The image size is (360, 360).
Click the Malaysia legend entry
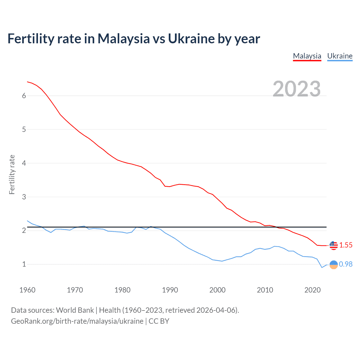pos(307,56)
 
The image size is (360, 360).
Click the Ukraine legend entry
pos(340,56)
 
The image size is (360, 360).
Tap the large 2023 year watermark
pos(296,89)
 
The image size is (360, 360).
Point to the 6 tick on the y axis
pos(24,96)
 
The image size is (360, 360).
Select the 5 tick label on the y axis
pos(24,129)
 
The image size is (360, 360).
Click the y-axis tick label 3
pos(24,197)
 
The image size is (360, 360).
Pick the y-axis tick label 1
pos(24,264)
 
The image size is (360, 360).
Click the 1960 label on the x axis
pos(27,290)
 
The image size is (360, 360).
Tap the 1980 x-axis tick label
pos(122,290)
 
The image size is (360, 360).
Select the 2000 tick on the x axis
pos(217,290)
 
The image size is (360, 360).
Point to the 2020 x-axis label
pos(312,290)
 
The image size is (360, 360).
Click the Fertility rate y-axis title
pos(12,174)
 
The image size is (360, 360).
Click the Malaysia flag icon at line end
pos(334,245)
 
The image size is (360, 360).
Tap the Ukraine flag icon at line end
pos(334,264)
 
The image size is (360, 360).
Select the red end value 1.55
pos(346,245)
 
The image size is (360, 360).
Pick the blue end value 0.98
pos(346,264)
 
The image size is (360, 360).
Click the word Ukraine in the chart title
pos(191,39)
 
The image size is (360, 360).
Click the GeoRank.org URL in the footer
pos(77,321)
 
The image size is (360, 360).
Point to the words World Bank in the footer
pos(75,310)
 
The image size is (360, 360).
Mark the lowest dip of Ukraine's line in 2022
pos(322,267)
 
